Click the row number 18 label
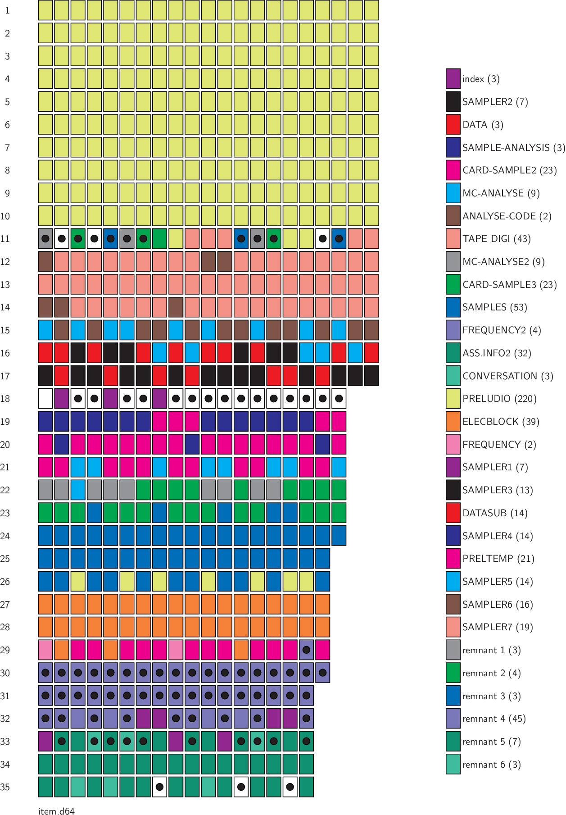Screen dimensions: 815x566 tap(5, 399)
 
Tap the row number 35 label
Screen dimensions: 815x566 tap(5, 787)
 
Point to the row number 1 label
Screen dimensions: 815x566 tap(7, 10)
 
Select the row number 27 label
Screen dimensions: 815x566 tap(5, 605)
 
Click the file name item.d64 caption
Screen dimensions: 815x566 tap(56, 811)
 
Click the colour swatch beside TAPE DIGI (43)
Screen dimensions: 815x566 tap(453, 239)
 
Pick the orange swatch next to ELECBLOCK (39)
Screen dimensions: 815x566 tap(453, 422)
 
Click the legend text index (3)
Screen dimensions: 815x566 tap(481, 79)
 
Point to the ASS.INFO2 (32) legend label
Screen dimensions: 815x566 tap(497, 353)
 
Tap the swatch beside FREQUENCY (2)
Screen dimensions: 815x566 tap(453, 444)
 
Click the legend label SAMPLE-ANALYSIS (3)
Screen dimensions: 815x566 tap(513, 147)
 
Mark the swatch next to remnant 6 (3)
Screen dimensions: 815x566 tap(453, 765)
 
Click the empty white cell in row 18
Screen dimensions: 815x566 tap(45, 399)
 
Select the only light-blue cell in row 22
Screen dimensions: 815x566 tap(78, 490)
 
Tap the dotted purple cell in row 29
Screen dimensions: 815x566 tap(306, 650)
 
